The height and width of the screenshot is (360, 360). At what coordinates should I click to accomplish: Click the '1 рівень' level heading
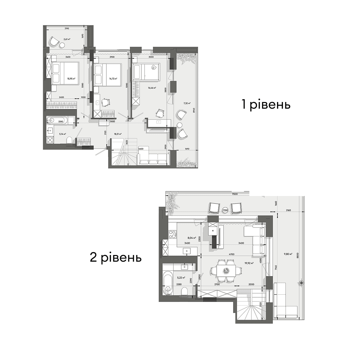click(x=266, y=105)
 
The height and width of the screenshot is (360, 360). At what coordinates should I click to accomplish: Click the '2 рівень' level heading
click(x=115, y=257)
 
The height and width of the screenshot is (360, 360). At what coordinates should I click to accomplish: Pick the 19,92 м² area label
click(x=249, y=263)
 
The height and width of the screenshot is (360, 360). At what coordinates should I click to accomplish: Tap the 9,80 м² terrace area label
click(x=288, y=254)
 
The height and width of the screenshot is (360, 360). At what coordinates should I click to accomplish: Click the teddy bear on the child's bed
click(x=154, y=68)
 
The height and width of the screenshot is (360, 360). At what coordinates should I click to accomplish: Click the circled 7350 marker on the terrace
click(x=225, y=210)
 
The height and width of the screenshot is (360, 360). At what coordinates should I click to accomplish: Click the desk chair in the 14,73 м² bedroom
click(x=106, y=103)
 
